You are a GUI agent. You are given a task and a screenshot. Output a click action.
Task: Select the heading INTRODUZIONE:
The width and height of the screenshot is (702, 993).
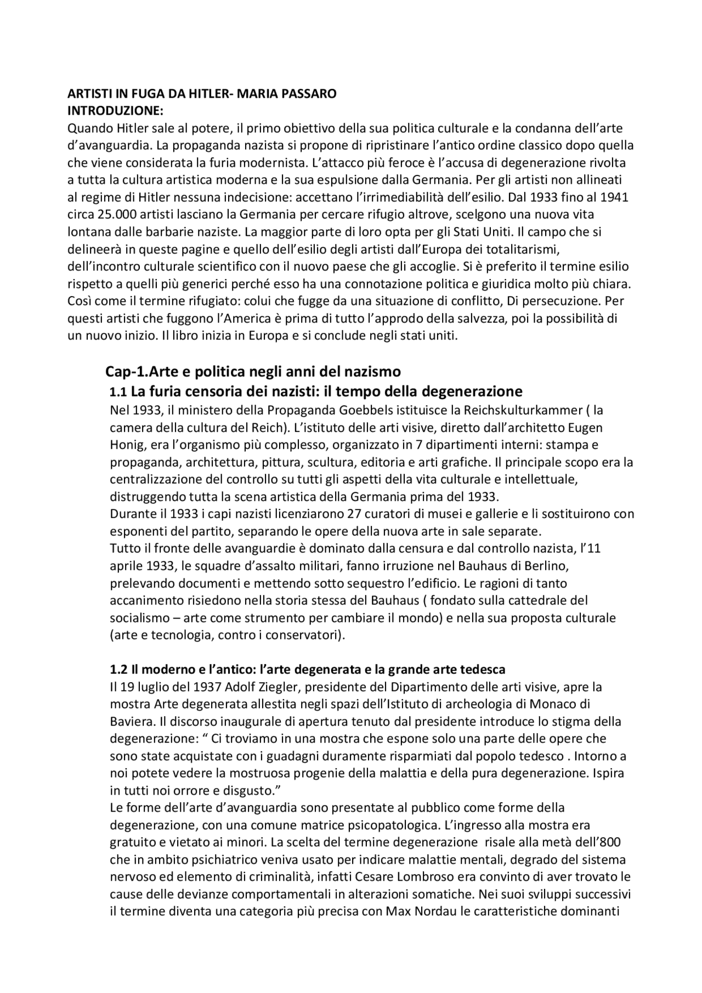click(115, 111)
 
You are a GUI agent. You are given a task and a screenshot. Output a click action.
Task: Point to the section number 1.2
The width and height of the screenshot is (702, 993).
click(118, 669)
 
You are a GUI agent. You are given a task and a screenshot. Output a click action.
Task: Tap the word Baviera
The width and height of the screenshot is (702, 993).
click(131, 722)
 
